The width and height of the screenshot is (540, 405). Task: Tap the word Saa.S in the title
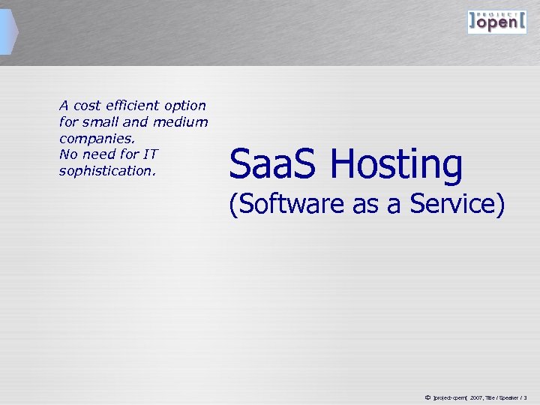[x=274, y=164]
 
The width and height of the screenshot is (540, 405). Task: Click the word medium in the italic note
[x=181, y=122]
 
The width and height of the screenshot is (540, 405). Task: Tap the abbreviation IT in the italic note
[x=149, y=154]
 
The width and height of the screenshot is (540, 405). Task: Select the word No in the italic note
[x=67, y=154]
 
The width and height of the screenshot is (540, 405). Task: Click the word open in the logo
[x=496, y=23]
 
